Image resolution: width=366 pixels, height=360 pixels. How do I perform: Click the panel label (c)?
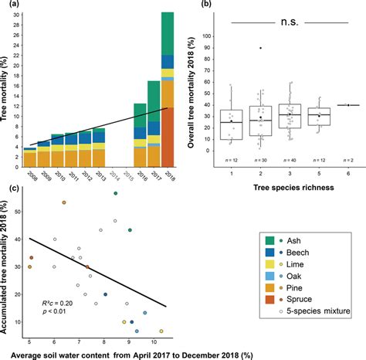pos(8,186)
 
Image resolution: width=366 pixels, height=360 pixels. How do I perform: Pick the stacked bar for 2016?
pos(140,134)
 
